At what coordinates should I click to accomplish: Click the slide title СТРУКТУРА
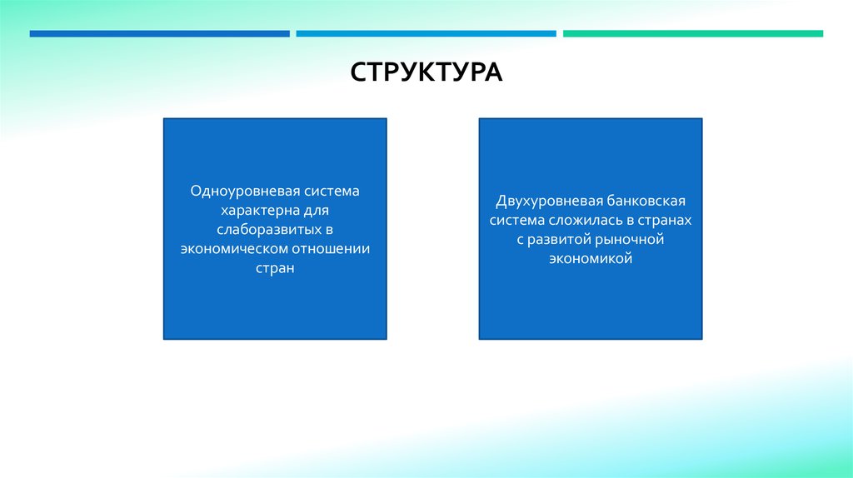pos(426,72)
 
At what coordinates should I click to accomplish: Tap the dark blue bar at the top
pos(159,34)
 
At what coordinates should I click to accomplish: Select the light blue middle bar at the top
pos(426,34)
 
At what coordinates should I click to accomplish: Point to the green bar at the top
pos(692,34)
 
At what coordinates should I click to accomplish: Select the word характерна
pos(251,210)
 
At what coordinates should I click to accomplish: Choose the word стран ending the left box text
pos(275,269)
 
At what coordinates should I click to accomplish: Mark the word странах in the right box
pos(666,220)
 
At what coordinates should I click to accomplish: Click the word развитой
pos(559,240)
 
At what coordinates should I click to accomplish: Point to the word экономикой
pos(591,259)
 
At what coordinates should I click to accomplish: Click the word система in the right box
pos(516,220)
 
